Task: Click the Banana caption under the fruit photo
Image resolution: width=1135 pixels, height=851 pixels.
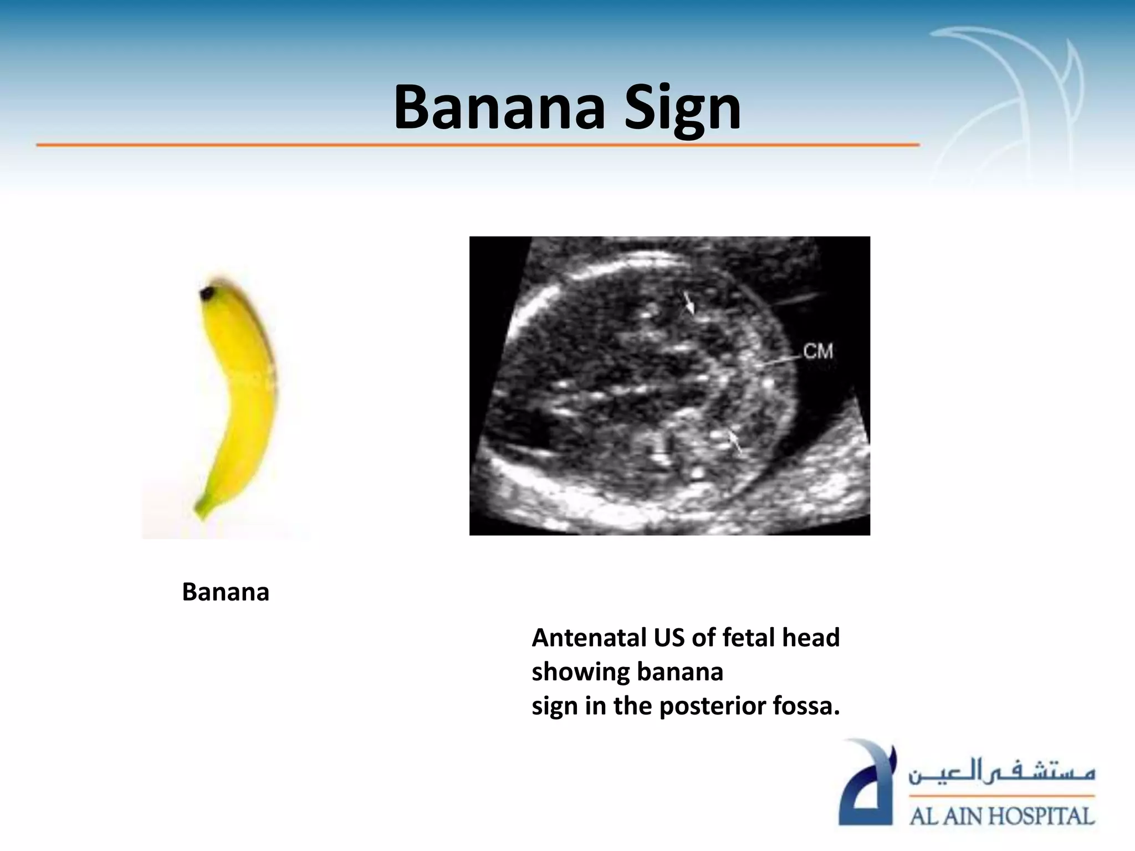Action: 226,592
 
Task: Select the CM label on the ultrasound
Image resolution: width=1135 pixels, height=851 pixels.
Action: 818,351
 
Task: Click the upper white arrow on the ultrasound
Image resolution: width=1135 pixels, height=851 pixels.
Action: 689,303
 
